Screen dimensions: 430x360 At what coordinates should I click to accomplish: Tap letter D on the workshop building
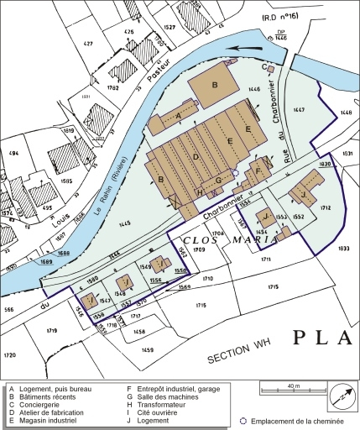point(195,156)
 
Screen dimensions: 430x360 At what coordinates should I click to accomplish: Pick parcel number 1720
point(9,356)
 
